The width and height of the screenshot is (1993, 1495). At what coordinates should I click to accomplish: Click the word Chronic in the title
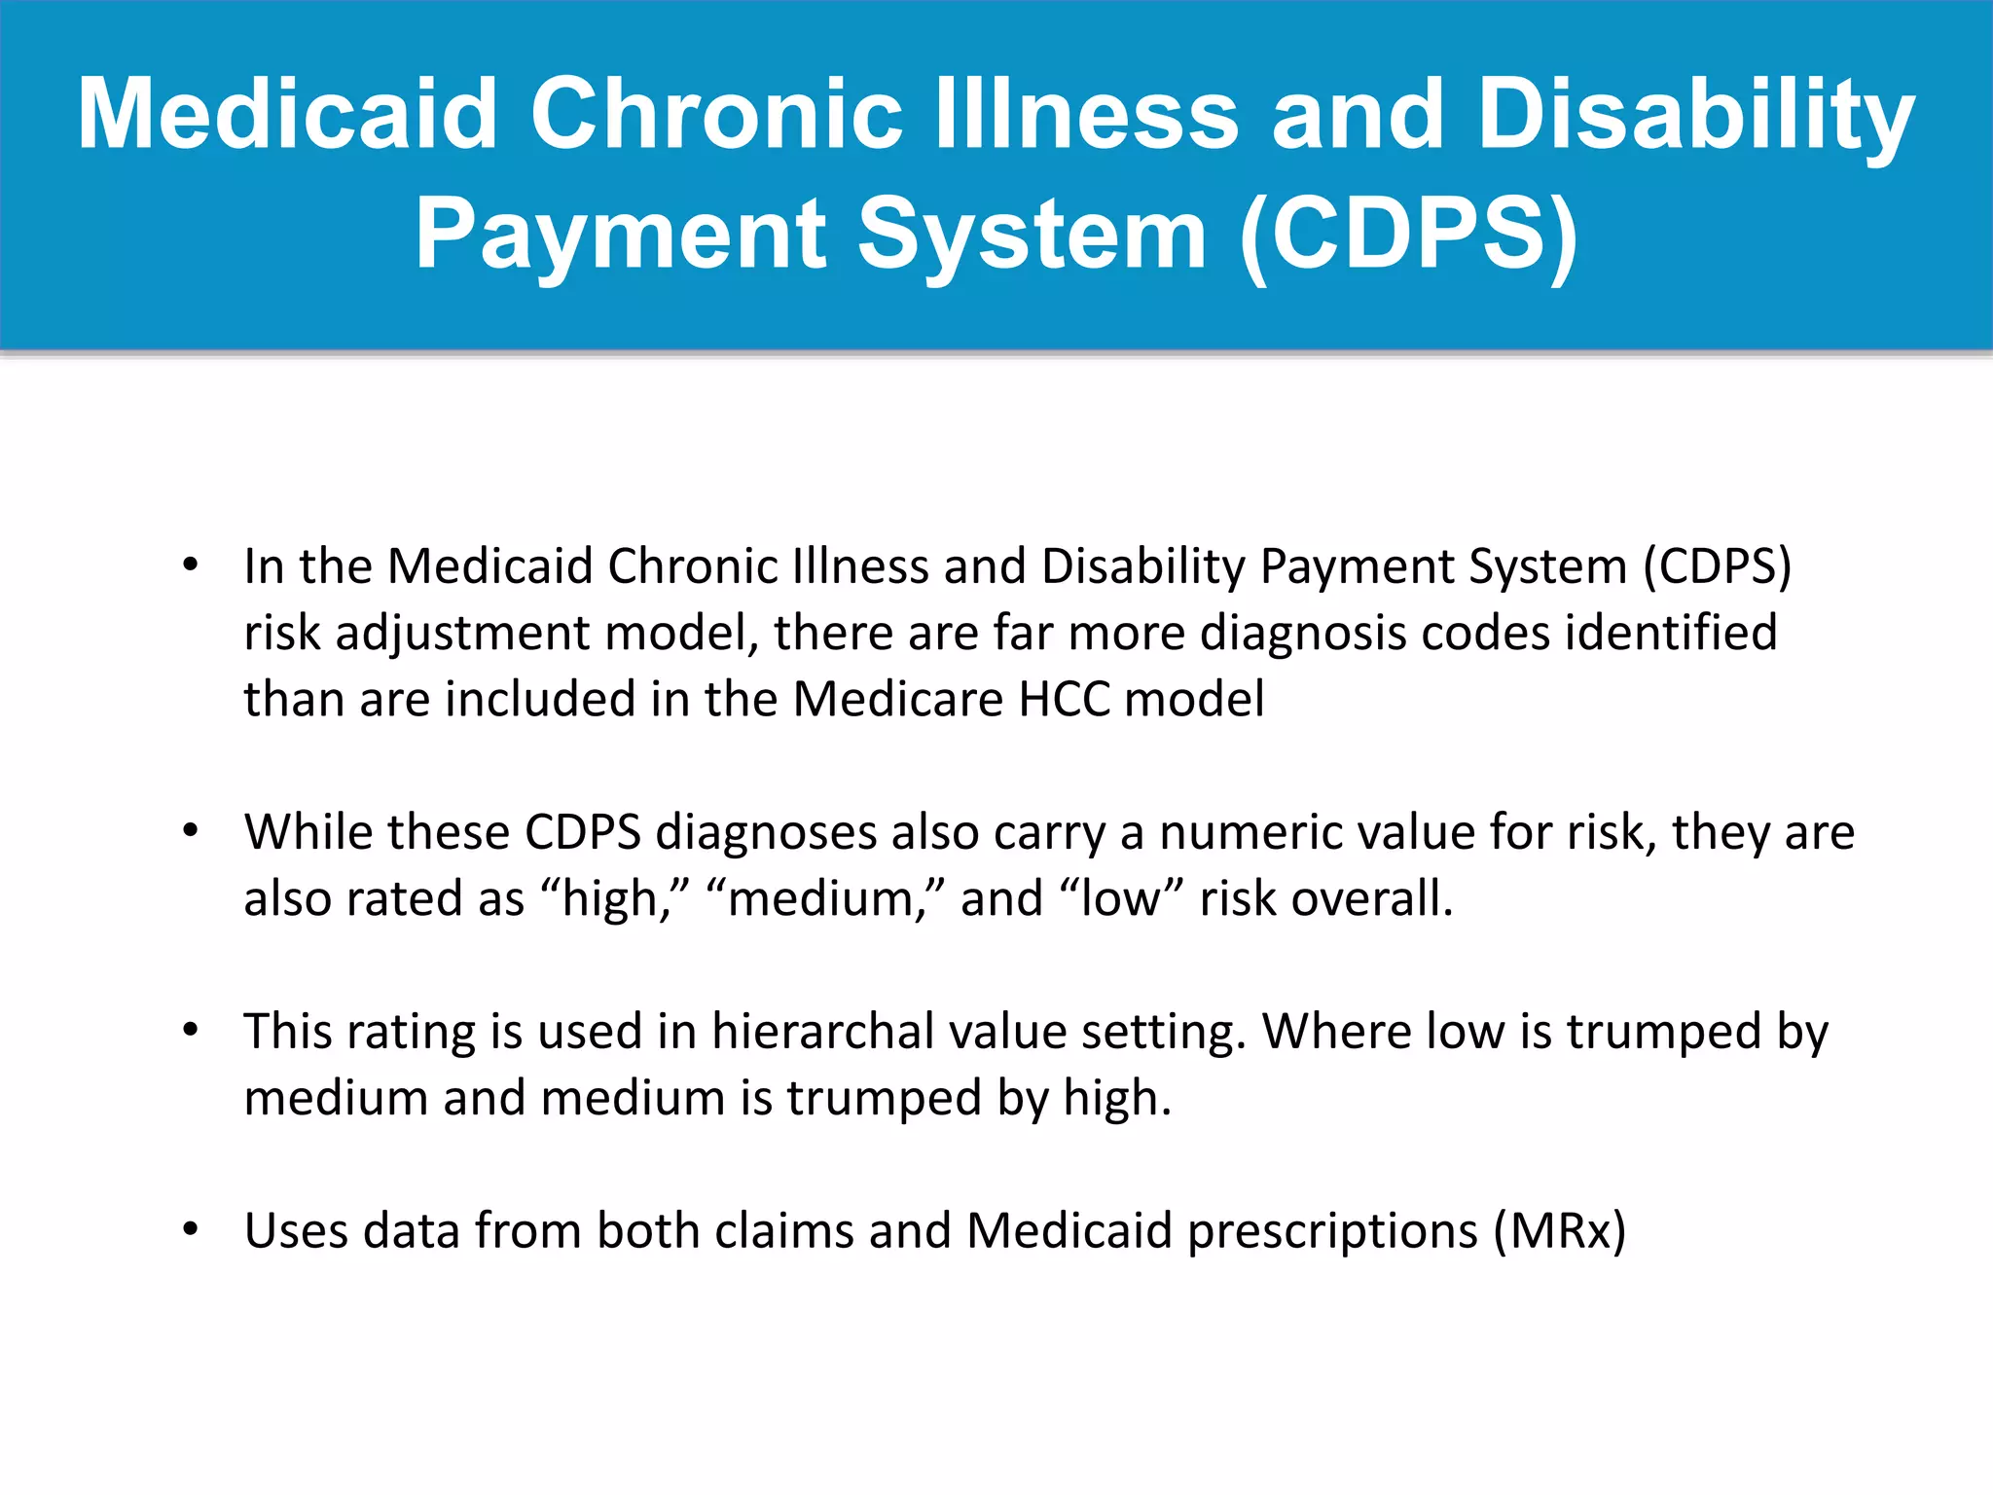(x=716, y=115)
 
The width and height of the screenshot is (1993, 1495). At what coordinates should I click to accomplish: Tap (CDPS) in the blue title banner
(x=1408, y=235)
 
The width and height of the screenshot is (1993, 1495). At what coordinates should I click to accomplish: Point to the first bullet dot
(x=191, y=565)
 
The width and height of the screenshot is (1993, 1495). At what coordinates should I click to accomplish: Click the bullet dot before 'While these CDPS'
(x=191, y=830)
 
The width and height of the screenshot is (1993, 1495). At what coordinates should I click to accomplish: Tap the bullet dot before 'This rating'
(x=191, y=1030)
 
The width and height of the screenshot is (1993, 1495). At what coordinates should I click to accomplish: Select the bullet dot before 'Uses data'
(x=191, y=1229)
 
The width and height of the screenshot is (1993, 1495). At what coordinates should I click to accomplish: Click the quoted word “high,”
(x=614, y=897)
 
